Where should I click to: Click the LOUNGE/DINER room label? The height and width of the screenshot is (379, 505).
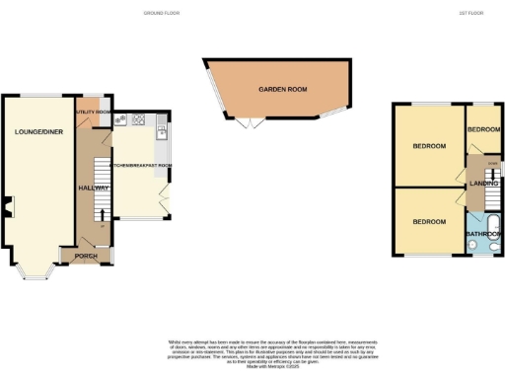click(x=36, y=130)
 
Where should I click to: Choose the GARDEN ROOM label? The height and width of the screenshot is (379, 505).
click(x=280, y=89)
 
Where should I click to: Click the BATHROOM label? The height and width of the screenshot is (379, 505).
click(x=484, y=234)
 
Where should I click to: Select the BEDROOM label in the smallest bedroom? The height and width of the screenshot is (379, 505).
click(x=484, y=130)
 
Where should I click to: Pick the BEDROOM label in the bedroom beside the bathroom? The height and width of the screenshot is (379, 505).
click(x=430, y=222)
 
